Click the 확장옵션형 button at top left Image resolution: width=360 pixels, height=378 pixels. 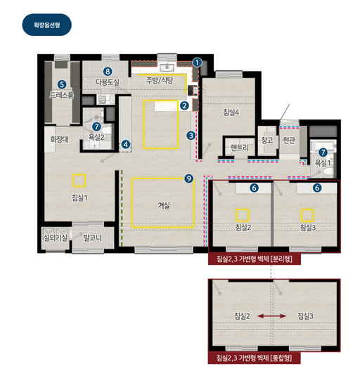[x=47, y=25]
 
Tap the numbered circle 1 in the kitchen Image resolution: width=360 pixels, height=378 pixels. [x=197, y=63]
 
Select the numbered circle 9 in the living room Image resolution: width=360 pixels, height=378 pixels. [x=188, y=178]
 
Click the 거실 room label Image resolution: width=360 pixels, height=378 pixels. [x=164, y=206]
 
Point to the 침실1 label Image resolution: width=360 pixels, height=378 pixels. [x=79, y=198]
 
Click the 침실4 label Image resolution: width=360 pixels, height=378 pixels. [x=231, y=112]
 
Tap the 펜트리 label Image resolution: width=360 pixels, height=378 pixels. [x=240, y=148]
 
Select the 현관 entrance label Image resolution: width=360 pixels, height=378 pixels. [x=289, y=140]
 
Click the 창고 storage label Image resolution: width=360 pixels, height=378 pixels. [x=267, y=140]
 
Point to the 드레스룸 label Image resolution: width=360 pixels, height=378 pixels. [x=62, y=95]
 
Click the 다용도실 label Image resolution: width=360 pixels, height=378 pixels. [x=108, y=82]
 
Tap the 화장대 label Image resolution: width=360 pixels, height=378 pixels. [x=59, y=139]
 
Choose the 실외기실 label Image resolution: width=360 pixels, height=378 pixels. [x=56, y=238]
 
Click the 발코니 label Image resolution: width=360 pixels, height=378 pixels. [x=93, y=238]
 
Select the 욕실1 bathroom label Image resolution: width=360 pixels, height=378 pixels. [x=323, y=163]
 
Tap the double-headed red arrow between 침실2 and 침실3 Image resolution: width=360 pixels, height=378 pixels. [x=271, y=315]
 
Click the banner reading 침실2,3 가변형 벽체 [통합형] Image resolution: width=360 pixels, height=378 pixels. [x=254, y=358]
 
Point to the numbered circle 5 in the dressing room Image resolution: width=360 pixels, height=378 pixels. [x=62, y=84]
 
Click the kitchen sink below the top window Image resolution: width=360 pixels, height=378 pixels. [x=167, y=67]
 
